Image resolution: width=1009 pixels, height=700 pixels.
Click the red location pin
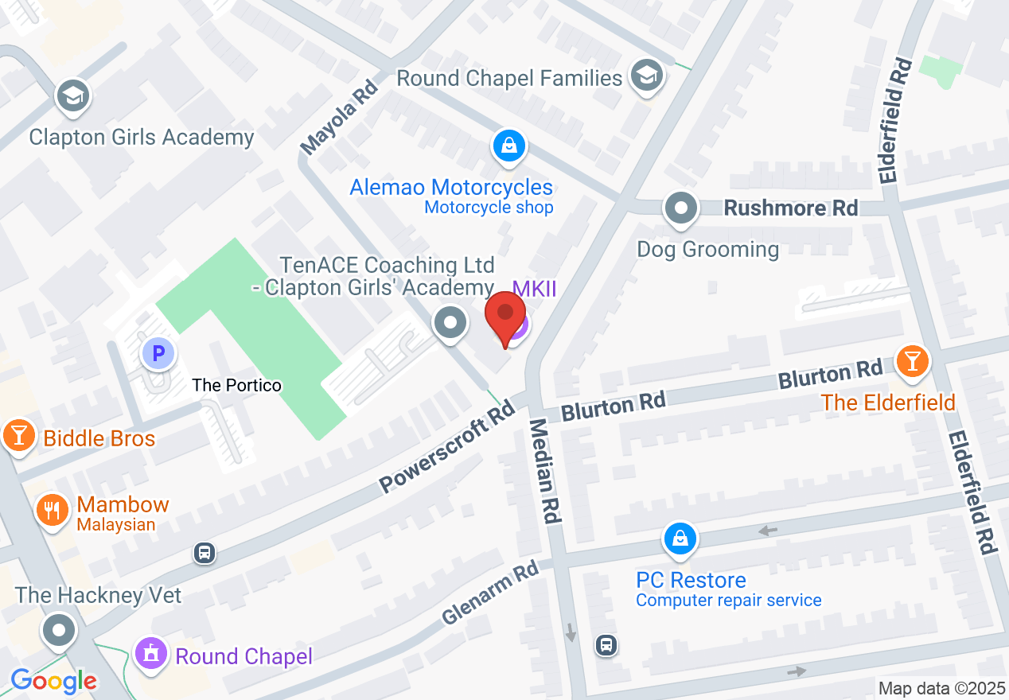505,316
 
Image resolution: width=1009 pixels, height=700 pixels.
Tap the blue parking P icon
158,353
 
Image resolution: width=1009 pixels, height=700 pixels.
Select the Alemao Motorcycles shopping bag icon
508,146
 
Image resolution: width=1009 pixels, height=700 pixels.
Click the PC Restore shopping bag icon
680,539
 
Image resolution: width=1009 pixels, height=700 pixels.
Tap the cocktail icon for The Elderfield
912,362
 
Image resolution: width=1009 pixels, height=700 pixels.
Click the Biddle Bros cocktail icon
17,436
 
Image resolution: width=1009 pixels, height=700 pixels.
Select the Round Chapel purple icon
150,654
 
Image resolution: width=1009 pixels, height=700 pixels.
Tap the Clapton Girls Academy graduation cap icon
73,97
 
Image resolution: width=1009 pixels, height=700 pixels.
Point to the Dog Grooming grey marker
681,209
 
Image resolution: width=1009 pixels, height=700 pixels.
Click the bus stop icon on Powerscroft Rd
205,552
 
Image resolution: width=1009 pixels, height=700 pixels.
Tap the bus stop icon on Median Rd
606,644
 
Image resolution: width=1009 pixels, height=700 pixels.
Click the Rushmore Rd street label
790,208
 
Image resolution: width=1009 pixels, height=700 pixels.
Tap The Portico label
237,385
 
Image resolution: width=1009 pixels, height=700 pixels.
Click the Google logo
53,681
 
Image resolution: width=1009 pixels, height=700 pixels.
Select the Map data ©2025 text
941,688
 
